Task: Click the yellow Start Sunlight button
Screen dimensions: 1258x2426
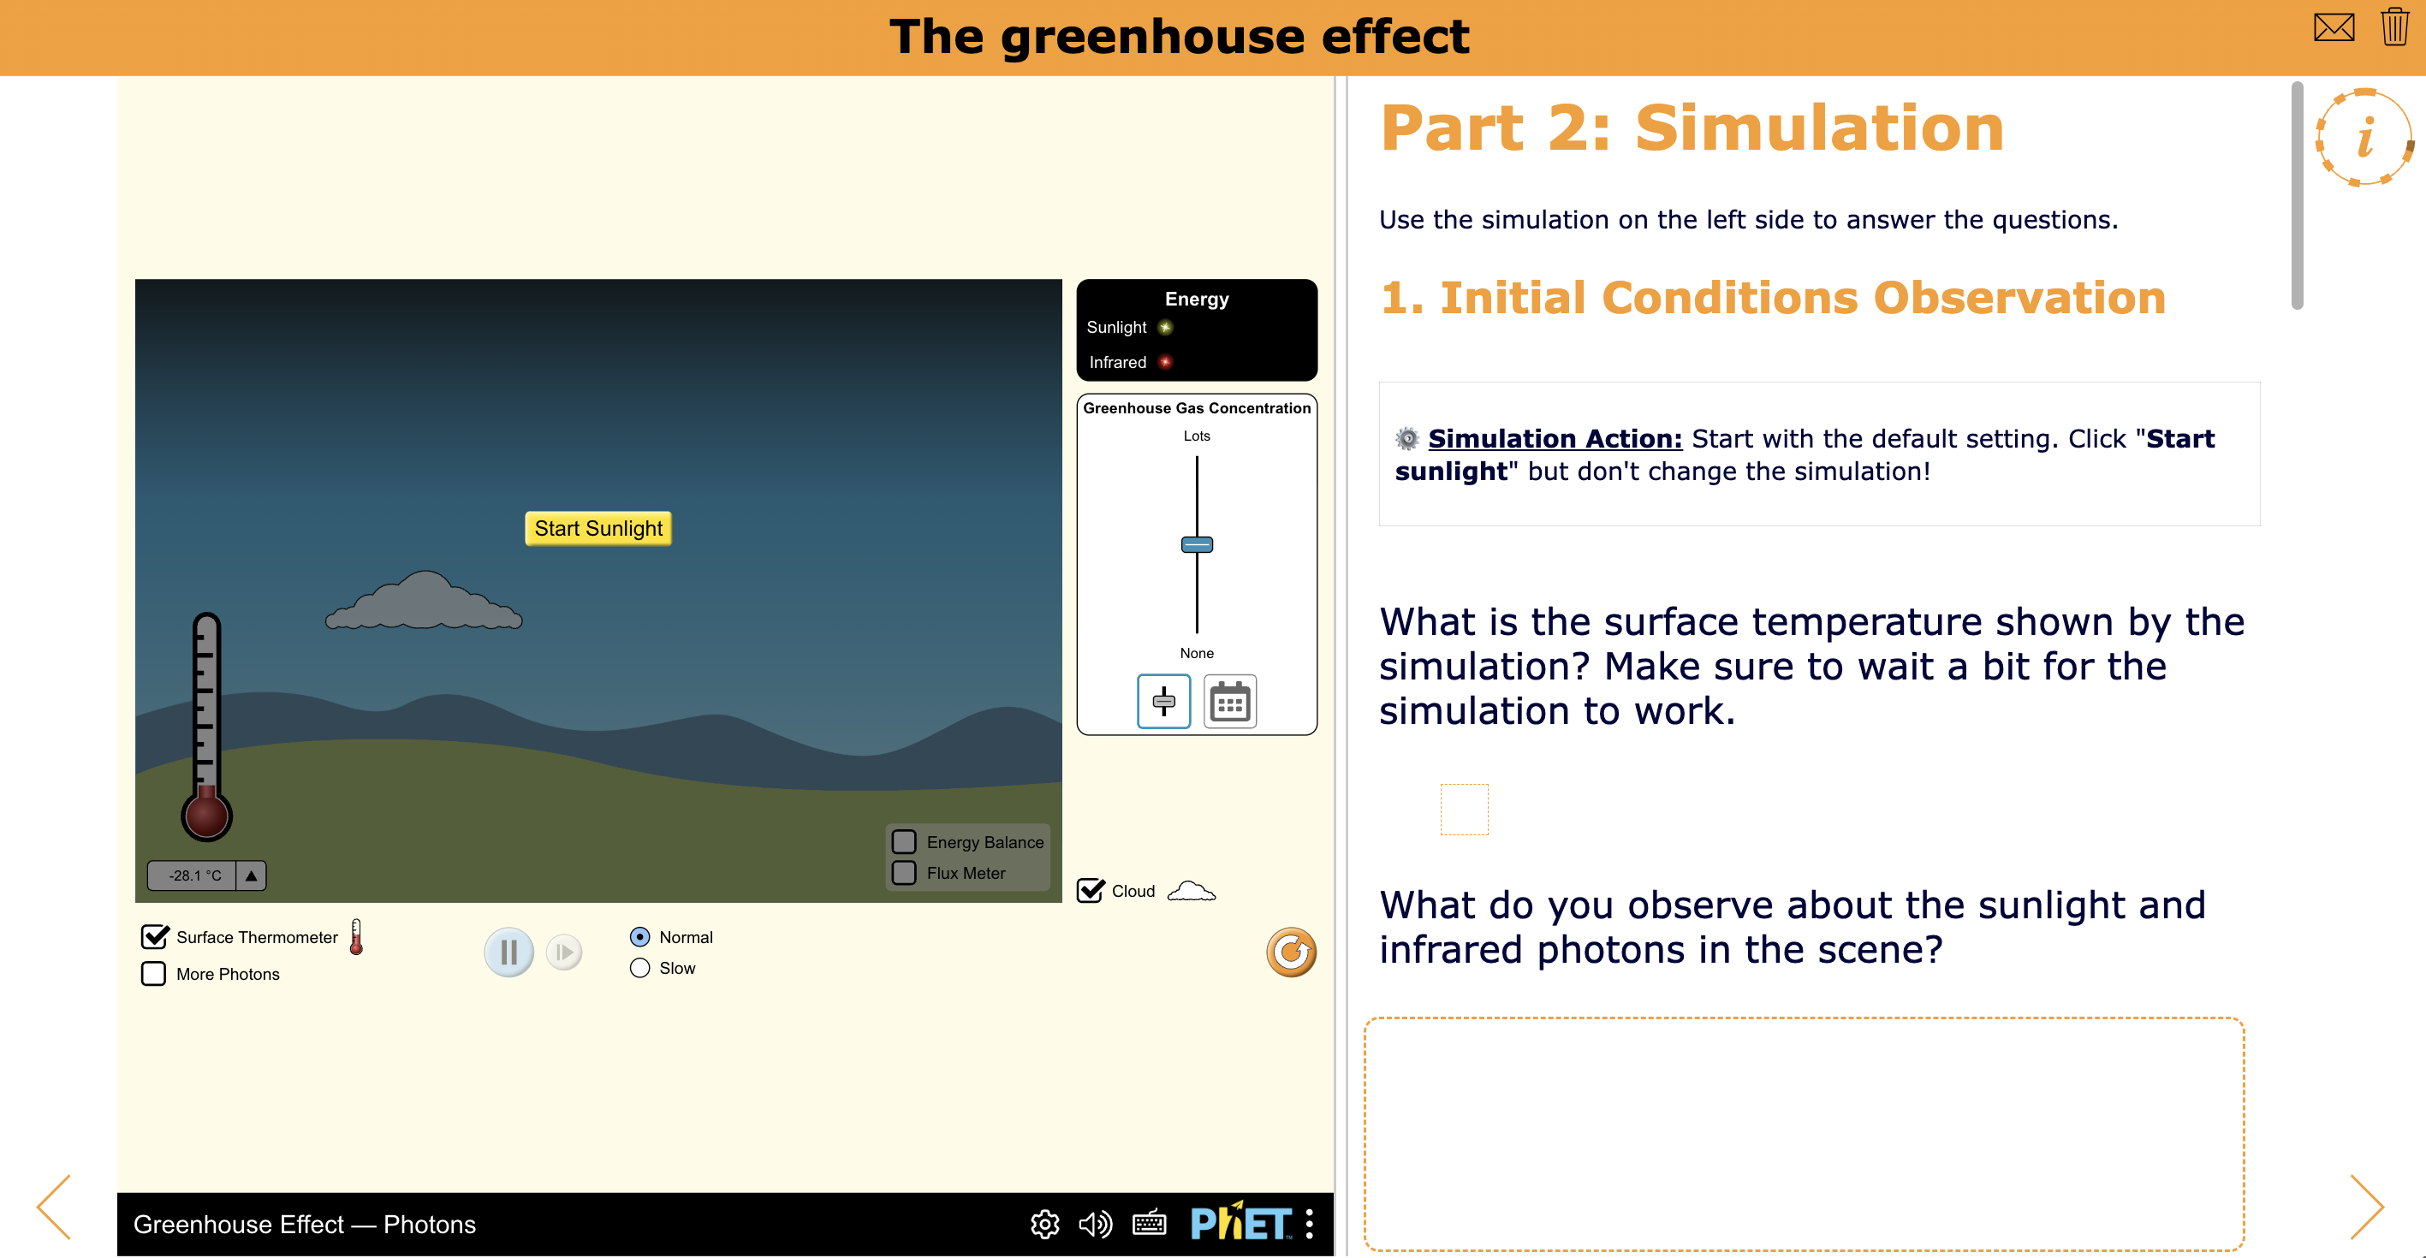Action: [x=598, y=528]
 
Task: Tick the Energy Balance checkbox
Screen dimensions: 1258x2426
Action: [x=904, y=842]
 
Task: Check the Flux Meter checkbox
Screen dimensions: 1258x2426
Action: [x=904, y=873]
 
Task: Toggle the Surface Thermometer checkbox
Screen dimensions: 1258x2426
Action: [x=154, y=937]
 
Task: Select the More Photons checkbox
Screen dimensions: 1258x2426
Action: [x=153, y=974]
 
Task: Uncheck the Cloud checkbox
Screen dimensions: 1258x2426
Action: [x=1091, y=891]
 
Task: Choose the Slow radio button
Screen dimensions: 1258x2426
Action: [x=639, y=968]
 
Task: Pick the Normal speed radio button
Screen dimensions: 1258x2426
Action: [x=639, y=937]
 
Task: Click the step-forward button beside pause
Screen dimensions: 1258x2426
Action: [x=564, y=952]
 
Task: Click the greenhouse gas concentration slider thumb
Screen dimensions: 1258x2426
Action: [x=1197, y=544]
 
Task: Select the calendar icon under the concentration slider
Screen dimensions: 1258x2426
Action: [x=1229, y=702]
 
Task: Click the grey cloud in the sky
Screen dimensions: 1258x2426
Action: [x=424, y=602]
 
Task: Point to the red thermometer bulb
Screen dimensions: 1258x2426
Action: [x=206, y=816]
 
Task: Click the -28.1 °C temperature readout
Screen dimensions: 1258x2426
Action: [x=194, y=875]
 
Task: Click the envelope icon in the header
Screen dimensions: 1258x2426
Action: [x=2334, y=27]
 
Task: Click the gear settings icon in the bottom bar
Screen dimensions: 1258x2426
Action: [x=1044, y=1224]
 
